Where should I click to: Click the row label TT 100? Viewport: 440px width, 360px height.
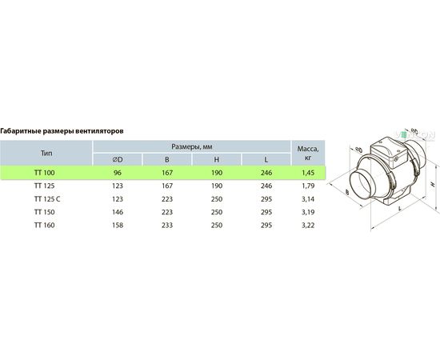click(x=44, y=173)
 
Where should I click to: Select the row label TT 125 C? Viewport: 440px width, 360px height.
click(x=47, y=199)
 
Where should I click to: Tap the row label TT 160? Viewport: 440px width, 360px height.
click(x=44, y=225)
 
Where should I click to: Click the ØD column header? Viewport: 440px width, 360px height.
click(x=118, y=160)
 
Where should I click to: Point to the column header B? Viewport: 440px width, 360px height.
click(x=167, y=160)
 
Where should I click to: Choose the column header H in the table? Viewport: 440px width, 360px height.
click(x=216, y=160)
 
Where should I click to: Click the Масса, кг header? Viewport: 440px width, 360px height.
click(x=308, y=154)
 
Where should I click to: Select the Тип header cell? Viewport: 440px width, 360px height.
click(x=46, y=154)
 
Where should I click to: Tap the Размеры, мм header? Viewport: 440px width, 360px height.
click(x=192, y=146)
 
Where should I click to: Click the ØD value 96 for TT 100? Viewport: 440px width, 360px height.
click(x=118, y=173)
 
